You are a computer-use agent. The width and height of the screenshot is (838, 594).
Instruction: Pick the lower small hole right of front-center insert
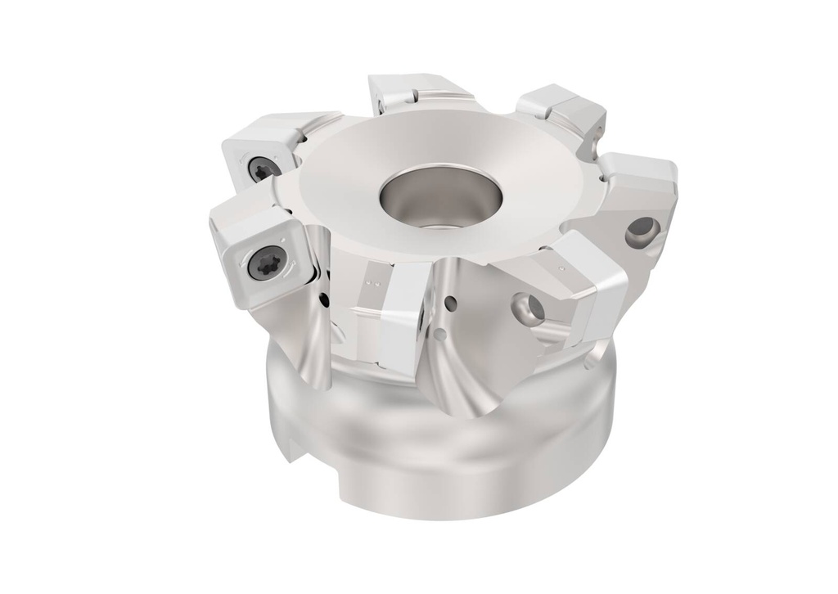(x=442, y=333)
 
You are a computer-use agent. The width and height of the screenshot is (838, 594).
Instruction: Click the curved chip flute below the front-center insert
(x=471, y=385)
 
